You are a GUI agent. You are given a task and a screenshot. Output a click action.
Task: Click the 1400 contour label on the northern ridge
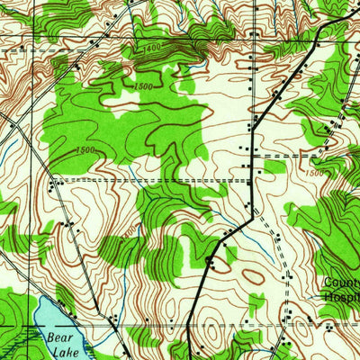(x=151, y=46)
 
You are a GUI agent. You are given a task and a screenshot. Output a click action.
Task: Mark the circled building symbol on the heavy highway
(x=210, y=262)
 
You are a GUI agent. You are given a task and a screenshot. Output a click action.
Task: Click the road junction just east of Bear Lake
(x=117, y=321)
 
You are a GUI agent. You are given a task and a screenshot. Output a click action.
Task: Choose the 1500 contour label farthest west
(x=85, y=150)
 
